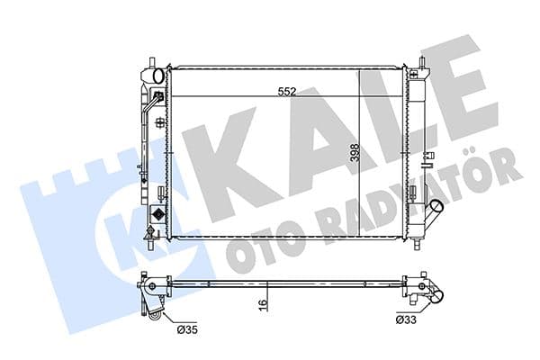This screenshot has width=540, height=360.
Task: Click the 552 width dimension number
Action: pyautogui.click(x=287, y=91)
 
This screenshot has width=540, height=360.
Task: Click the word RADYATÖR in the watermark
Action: pyautogui.click(x=414, y=193)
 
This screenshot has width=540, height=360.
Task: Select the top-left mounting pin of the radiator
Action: pyautogui.click(x=146, y=66)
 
